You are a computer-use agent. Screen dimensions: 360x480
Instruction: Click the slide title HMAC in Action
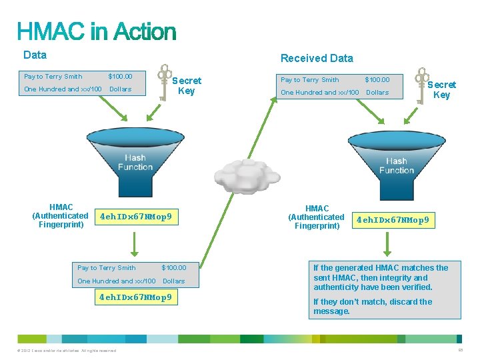click(x=97, y=31)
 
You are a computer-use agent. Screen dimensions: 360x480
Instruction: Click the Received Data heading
click(x=317, y=58)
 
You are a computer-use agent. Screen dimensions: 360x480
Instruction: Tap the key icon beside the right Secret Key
click(x=421, y=85)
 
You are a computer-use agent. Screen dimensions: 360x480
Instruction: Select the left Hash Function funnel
click(x=135, y=153)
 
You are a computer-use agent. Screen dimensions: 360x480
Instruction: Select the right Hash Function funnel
click(x=397, y=156)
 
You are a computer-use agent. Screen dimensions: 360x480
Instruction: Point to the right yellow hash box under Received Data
click(x=393, y=219)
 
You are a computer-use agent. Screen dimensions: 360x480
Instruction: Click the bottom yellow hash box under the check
click(x=135, y=297)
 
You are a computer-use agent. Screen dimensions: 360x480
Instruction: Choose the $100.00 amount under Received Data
click(x=377, y=80)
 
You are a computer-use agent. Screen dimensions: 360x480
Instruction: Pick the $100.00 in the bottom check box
click(x=174, y=268)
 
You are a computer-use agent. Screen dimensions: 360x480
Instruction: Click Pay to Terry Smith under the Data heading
click(x=53, y=77)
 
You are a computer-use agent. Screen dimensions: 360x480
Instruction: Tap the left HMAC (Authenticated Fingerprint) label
click(x=61, y=216)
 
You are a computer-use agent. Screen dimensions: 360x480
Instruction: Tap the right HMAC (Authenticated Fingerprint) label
click(x=317, y=217)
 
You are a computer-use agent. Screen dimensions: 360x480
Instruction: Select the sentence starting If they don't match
click(x=373, y=307)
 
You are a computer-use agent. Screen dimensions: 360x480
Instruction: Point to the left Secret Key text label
click(x=187, y=86)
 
